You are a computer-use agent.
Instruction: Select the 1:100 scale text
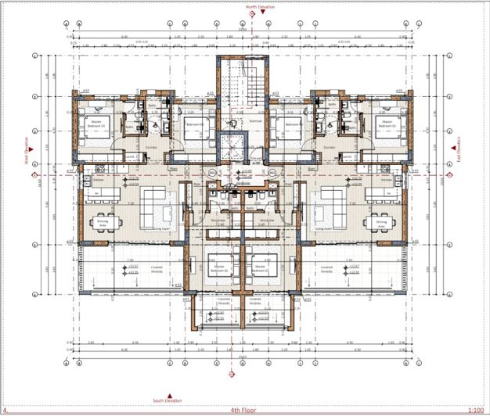(474, 409)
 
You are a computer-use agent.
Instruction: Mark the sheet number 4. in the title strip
(6, 409)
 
